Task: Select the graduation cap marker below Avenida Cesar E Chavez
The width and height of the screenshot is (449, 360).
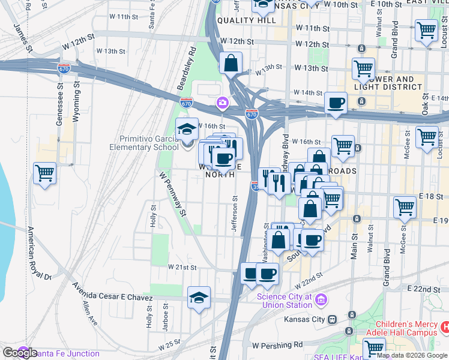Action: pos(199,298)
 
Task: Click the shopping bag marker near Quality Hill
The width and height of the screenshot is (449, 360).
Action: pos(231,62)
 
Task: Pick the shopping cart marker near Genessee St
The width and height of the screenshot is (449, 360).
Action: pos(45,173)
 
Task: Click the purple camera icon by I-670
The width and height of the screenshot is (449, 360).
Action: pos(223,103)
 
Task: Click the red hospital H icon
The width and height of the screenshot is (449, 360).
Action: pos(445,328)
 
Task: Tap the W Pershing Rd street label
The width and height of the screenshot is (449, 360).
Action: pos(277,346)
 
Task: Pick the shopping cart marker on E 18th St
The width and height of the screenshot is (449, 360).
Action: pos(405,208)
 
